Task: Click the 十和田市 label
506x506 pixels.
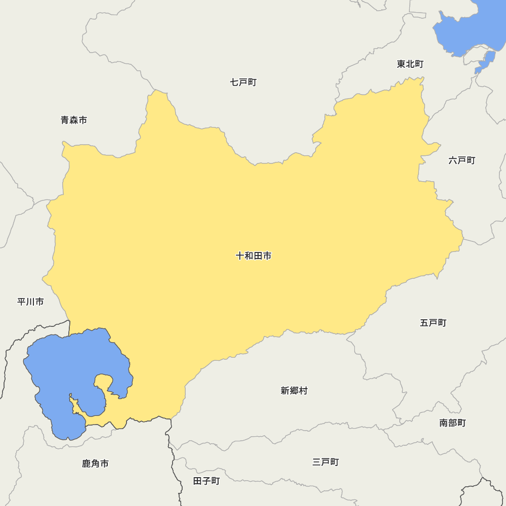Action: pyautogui.click(x=254, y=256)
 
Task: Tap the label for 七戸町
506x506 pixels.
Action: pyautogui.click(x=243, y=82)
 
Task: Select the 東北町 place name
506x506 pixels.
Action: pyautogui.click(x=410, y=64)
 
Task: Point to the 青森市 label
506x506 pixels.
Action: pyautogui.click(x=74, y=120)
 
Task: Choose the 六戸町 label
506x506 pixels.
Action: pyautogui.click(x=461, y=160)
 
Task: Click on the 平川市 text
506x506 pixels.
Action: pyautogui.click(x=30, y=302)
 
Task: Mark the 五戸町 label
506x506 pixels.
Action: pyautogui.click(x=433, y=322)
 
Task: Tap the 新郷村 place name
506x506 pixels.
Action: pyautogui.click(x=294, y=391)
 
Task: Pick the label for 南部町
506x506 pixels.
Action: pyautogui.click(x=452, y=423)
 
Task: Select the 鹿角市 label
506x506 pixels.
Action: pyautogui.click(x=95, y=463)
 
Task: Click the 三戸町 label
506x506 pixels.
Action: pyautogui.click(x=325, y=462)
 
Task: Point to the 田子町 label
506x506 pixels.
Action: pyautogui.click(x=206, y=481)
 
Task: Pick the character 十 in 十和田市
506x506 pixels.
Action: pyautogui.click(x=240, y=256)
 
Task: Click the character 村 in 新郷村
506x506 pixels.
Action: pyautogui.click(x=303, y=391)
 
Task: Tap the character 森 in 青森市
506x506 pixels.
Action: pyautogui.click(x=74, y=120)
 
